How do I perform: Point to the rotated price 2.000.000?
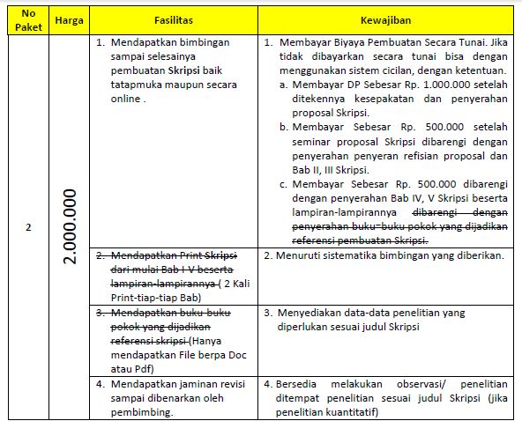point(71,225)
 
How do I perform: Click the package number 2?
point(28,227)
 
